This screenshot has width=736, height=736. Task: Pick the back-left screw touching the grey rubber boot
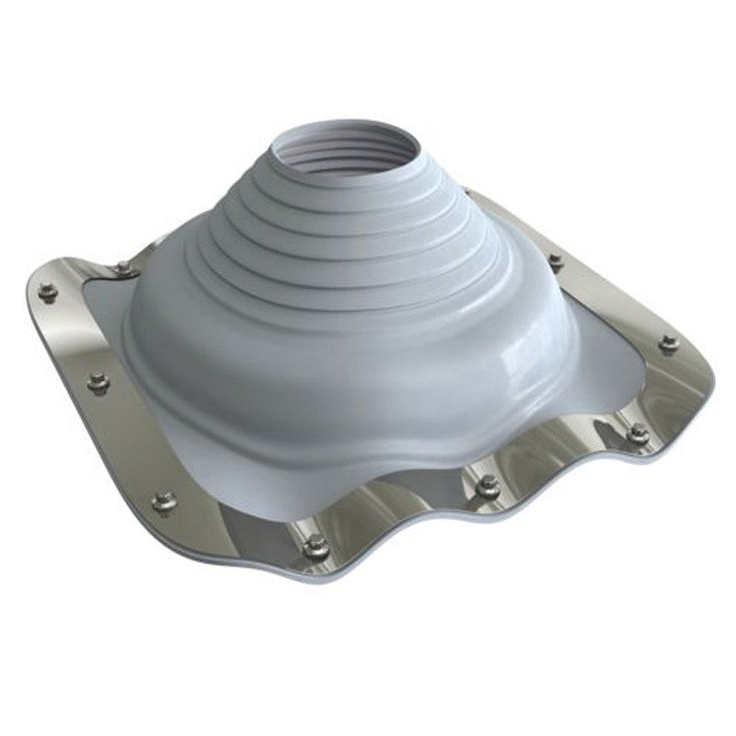tap(123, 268)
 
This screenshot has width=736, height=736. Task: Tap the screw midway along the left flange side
tap(98, 382)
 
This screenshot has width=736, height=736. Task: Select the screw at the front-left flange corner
tap(164, 500)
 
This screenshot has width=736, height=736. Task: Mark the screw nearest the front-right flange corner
tap(638, 434)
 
